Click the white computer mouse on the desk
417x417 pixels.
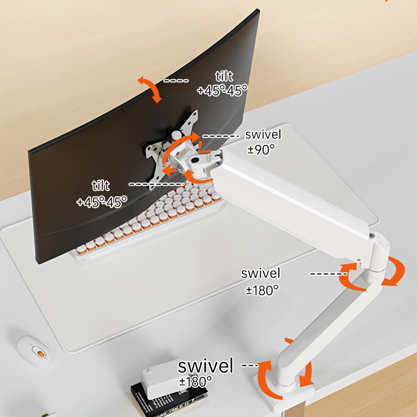(34, 351)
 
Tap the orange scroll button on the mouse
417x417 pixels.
(41, 354)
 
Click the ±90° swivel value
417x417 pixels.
(261, 150)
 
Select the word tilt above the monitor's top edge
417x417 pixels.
(224, 76)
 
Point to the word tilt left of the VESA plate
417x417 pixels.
(101, 186)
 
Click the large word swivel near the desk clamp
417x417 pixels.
(205, 366)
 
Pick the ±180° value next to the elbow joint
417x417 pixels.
(262, 290)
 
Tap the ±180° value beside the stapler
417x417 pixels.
(195, 382)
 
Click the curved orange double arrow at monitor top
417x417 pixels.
(150, 89)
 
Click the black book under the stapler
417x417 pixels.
(168, 399)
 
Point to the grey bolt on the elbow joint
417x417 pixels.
(373, 236)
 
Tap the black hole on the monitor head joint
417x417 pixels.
(195, 161)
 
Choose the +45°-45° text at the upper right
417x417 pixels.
(223, 90)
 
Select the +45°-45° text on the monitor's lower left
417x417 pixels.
(102, 202)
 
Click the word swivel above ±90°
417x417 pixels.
(263, 134)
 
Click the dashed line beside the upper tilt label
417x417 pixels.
(176, 81)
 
